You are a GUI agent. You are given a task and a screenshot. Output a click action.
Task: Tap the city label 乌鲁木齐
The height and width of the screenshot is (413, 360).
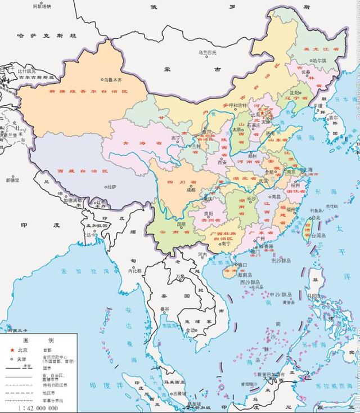pyautogui.click(x=112, y=80)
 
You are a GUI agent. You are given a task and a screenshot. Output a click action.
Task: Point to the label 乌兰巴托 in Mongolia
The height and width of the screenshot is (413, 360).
pyautogui.click(x=207, y=52)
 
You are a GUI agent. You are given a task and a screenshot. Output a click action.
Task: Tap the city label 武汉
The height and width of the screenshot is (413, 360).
pyautogui.click(x=263, y=180)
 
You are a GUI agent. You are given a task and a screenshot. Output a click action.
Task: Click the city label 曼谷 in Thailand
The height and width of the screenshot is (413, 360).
pyautogui.click(x=164, y=309)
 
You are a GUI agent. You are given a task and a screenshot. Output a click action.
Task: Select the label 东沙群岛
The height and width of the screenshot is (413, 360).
pyautogui.click(x=281, y=261)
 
